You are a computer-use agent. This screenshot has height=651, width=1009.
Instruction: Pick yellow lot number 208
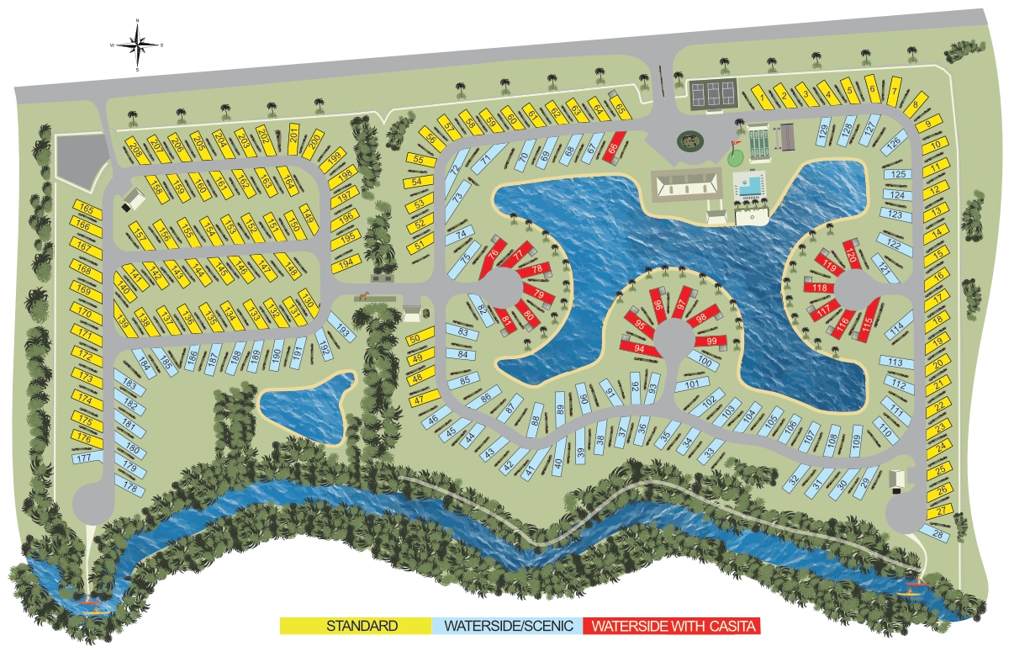(x=135, y=148)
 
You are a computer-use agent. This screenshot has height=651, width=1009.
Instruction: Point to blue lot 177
(x=82, y=458)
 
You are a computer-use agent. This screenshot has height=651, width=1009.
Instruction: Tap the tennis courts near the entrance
(x=711, y=93)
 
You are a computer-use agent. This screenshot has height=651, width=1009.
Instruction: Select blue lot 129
(x=824, y=131)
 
